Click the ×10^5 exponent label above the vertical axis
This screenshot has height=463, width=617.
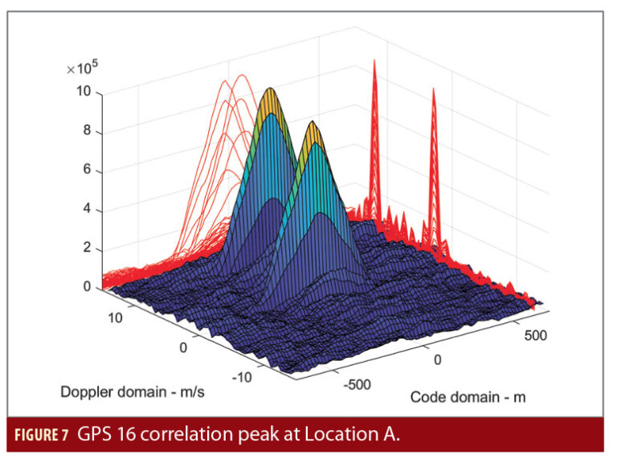tap(82, 69)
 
